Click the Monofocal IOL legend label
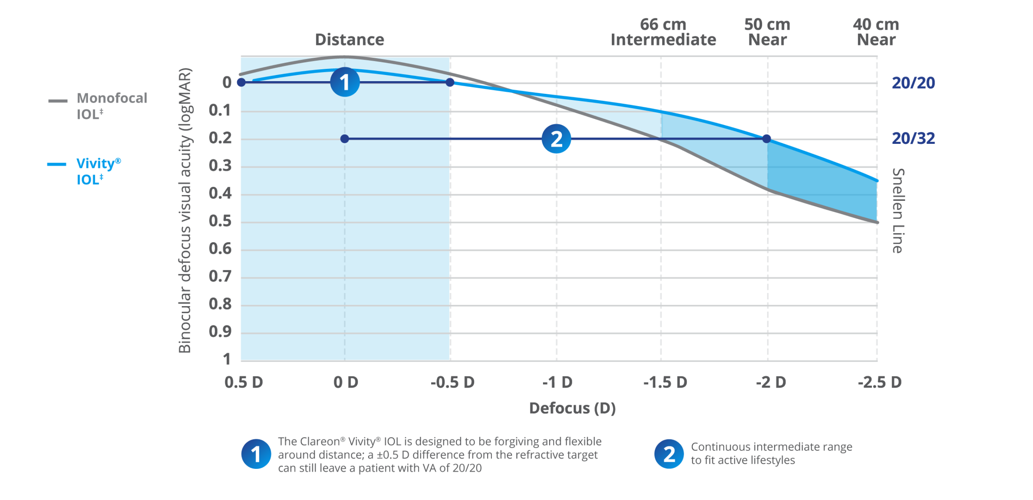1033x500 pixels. tap(112, 106)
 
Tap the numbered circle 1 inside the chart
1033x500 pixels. tap(344, 82)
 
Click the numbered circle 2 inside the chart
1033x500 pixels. tap(556, 139)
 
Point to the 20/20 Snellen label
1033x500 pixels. tap(913, 83)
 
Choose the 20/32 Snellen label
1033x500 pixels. tap(913, 138)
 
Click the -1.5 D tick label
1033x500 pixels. tap(665, 382)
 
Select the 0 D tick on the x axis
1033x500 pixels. tap(345, 382)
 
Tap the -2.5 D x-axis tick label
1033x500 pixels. tap(880, 382)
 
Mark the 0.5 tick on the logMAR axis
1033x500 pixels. tap(220, 221)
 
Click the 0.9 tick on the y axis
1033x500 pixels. tap(220, 332)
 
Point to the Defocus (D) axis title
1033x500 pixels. tap(572, 408)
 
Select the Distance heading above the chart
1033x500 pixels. tap(350, 40)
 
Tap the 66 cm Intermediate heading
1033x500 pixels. tap(663, 32)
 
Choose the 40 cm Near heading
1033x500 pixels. tap(876, 32)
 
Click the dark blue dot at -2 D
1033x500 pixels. tap(767, 139)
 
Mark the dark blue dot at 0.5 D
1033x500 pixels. tap(241, 82)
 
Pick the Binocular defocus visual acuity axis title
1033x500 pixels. tap(185, 211)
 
